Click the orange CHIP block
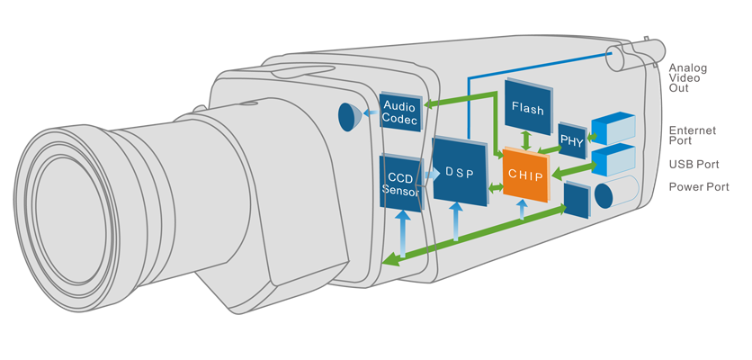click(525, 176)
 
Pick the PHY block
click(571, 141)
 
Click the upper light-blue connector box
click(612, 129)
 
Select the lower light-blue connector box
click(613, 160)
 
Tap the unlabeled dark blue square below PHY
click(576, 200)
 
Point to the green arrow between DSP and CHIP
click(495, 188)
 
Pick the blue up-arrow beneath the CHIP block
click(522, 211)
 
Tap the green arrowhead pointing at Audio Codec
click(430, 105)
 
